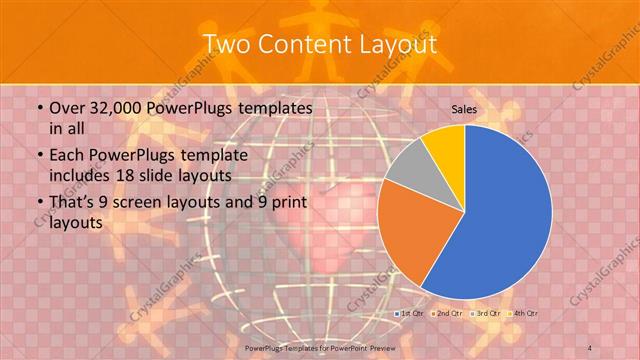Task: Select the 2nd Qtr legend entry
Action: pos(447,314)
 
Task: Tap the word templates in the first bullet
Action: pos(267,108)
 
